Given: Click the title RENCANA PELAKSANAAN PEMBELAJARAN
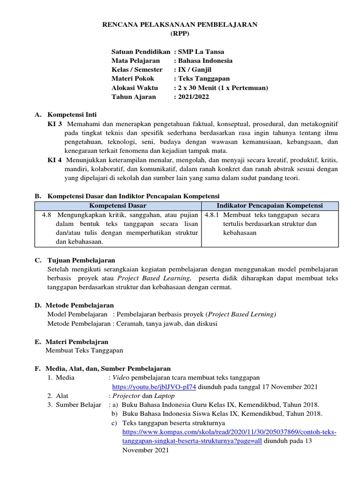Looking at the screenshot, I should (180, 25).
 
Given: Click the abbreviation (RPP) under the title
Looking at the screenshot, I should (180, 34).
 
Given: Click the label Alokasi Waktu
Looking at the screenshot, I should (135, 88).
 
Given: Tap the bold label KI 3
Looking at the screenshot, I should (55, 124).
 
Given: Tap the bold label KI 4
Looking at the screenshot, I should (55, 160).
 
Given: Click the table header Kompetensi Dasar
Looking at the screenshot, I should (118, 206).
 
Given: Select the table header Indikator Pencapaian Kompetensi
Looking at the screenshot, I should (270, 206).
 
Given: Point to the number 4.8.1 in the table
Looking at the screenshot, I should (212, 215).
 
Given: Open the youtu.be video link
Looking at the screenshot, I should (154, 387).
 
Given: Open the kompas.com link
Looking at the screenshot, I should (229, 432).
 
